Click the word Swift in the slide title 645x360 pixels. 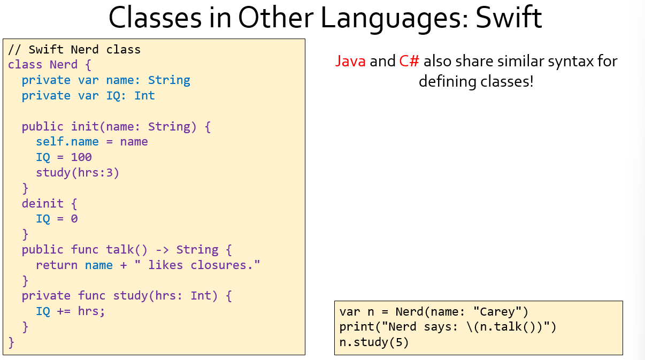(x=509, y=18)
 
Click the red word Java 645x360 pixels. (x=350, y=61)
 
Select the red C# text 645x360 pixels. (x=409, y=61)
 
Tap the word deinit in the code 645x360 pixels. (x=43, y=203)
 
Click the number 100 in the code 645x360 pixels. (x=81, y=157)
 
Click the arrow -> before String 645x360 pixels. (x=162, y=250)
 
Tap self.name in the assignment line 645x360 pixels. (x=67, y=142)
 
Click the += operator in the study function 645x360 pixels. (x=64, y=311)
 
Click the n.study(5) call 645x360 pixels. (x=374, y=342)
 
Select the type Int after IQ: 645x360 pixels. (x=144, y=95)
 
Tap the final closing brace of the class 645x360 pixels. (x=11, y=342)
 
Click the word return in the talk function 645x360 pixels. (x=57, y=265)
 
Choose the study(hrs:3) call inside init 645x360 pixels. (x=78, y=173)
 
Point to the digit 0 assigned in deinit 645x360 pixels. (x=74, y=219)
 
